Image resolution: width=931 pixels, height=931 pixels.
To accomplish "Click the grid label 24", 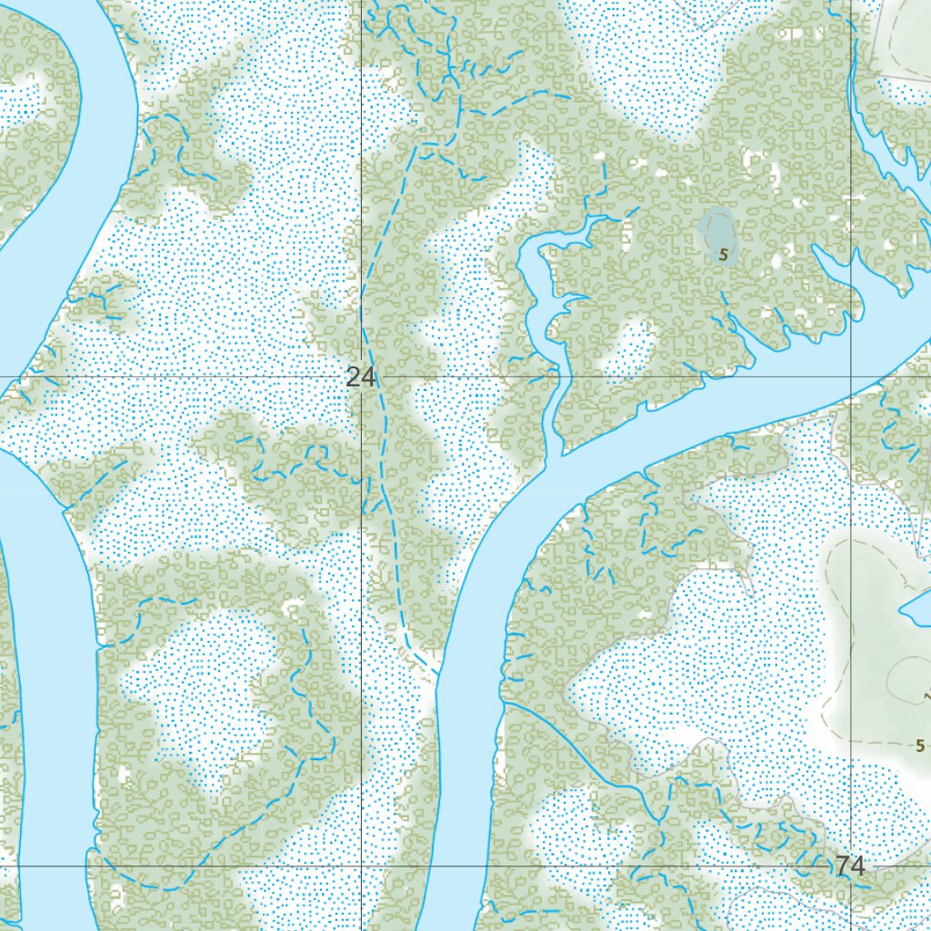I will [361, 376].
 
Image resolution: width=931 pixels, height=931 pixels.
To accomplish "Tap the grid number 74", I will [850, 866].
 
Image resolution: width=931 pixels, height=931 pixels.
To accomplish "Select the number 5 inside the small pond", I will [723, 255].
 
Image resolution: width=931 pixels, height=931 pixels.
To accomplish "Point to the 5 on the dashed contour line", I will [920, 746].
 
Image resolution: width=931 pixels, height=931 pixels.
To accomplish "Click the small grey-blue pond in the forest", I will [716, 232].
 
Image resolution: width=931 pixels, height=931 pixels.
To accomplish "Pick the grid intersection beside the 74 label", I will [851, 866].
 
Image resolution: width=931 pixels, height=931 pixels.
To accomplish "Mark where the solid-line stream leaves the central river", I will [505, 702].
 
